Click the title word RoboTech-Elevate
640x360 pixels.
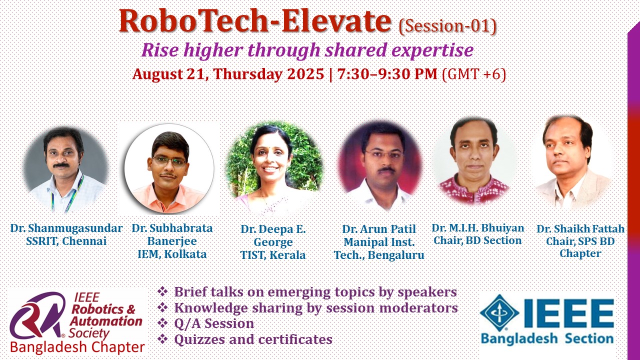pos(255,21)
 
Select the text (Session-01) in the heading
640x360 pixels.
pos(447,26)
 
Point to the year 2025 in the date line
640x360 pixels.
pos(305,74)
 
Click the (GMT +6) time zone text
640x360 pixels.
pos(474,74)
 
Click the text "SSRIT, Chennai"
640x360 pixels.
pos(66,241)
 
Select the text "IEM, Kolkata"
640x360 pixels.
pos(172,254)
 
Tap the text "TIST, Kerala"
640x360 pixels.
pos(273,255)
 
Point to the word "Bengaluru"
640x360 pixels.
pos(396,255)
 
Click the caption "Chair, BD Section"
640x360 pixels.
pos(477,240)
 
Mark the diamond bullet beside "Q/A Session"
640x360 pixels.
pos(162,323)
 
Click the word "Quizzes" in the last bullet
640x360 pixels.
pos(199,339)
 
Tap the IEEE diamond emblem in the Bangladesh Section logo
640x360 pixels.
pos(499,313)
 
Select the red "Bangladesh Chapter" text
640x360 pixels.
pos(77,347)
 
